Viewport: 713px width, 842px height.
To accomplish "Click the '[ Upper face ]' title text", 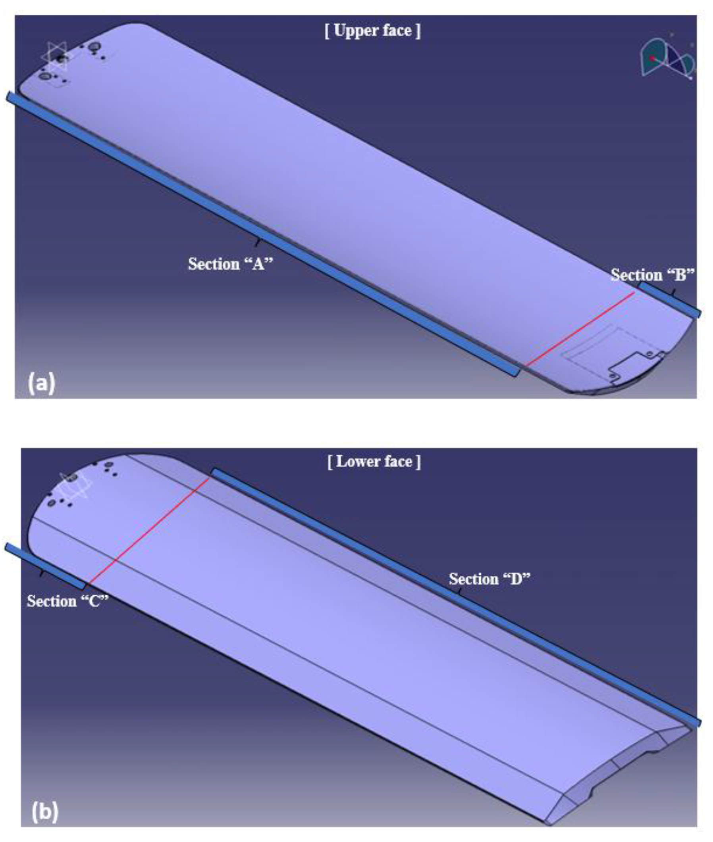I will tap(372, 31).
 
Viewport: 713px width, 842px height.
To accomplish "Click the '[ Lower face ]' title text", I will tap(374, 462).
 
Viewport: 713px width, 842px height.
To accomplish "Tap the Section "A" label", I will tap(230, 264).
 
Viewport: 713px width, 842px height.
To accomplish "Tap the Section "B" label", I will tap(652, 275).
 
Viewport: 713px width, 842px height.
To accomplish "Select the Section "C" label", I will tap(67, 601).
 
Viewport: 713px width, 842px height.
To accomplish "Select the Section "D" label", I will tap(489, 579).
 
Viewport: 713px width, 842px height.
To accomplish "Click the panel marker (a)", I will tap(41, 382).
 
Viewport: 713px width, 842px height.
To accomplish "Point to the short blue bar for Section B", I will tap(669, 300).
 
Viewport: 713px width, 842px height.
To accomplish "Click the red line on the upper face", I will tap(580, 330).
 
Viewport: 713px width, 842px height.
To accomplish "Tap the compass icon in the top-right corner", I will tap(667, 58).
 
